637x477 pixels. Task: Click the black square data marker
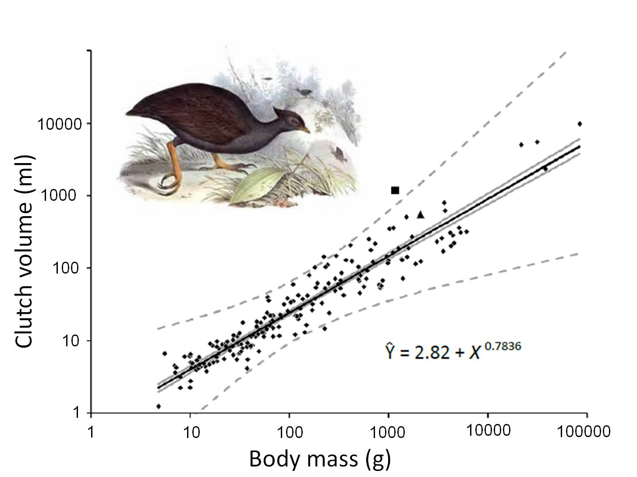pos(395,190)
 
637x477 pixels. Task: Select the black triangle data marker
pos(421,215)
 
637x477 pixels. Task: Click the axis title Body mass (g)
pos(319,459)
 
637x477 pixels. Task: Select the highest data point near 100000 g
pos(580,124)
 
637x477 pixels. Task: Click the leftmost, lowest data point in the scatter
pos(158,406)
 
